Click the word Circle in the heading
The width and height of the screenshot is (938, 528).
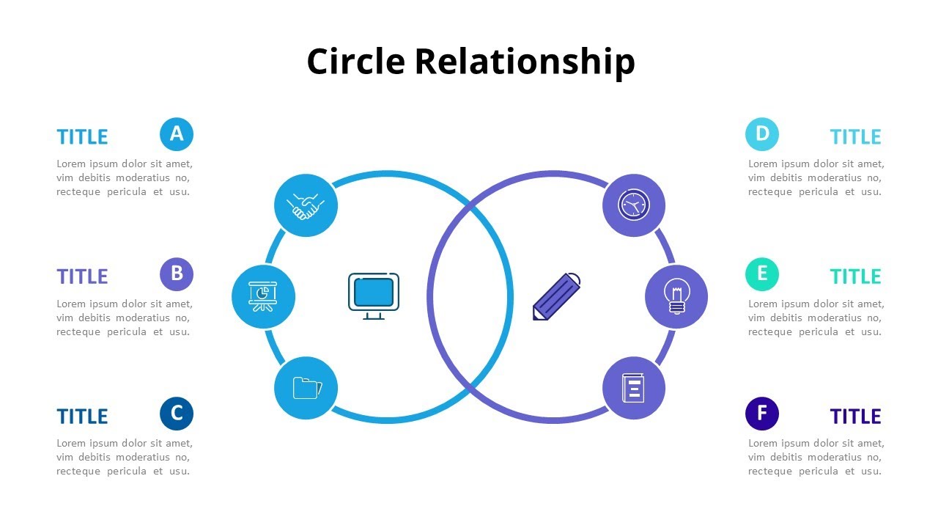pyautogui.click(x=355, y=61)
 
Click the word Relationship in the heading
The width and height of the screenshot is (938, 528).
pyautogui.click(x=524, y=62)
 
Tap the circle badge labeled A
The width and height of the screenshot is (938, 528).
pyautogui.click(x=177, y=134)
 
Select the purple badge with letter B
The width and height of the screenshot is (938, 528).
pyautogui.click(x=177, y=274)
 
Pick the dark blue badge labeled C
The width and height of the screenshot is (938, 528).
pyautogui.click(x=177, y=414)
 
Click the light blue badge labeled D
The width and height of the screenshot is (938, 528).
pyautogui.click(x=762, y=134)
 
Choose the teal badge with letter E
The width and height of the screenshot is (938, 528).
pyautogui.click(x=762, y=274)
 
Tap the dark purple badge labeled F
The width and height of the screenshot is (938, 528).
pyautogui.click(x=762, y=414)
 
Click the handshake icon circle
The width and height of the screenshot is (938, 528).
pyautogui.click(x=306, y=205)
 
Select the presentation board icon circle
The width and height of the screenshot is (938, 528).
pyautogui.click(x=263, y=297)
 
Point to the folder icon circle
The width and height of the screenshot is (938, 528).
pyautogui.click(x=306, y=388)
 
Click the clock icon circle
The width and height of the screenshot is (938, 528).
pyautogui.click(x=634, y=205)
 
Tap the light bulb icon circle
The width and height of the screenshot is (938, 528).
pyautogui.click(x=676, y=297)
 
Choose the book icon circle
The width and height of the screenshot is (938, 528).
pyautogui.click(x=634, y=388)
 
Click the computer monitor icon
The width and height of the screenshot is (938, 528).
pyautogui.click(x=374, y=296)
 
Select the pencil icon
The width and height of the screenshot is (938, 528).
pyautogui.click(x=556, y=296)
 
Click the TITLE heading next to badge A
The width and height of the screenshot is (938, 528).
pyautogui.click(x=82, y=137)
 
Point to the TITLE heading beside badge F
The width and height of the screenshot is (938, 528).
pyautogui.click(x=855, y=417)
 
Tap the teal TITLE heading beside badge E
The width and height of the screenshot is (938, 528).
pyautogui.click(x=855, y=277)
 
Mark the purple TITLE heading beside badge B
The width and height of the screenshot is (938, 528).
pyautogui.click(x=82, y=277)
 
